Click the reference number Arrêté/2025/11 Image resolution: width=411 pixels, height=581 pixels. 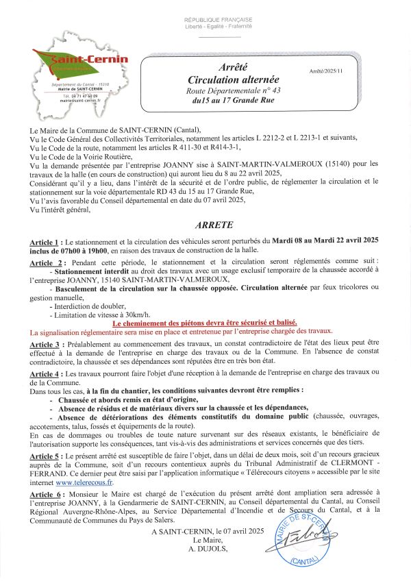coord(326,71)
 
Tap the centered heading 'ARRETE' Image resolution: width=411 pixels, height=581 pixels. coord(214,225)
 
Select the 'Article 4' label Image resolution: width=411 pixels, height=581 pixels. coord(47,374)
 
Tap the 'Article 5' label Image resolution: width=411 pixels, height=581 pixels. coord(47,456)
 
